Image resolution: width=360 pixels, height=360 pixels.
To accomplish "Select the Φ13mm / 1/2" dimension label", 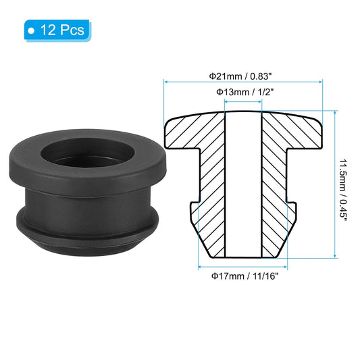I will [242, 91].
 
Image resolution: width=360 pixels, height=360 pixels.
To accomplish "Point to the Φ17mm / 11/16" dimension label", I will [242, 276].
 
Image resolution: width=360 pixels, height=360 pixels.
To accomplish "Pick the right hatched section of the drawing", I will [278, 189].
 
